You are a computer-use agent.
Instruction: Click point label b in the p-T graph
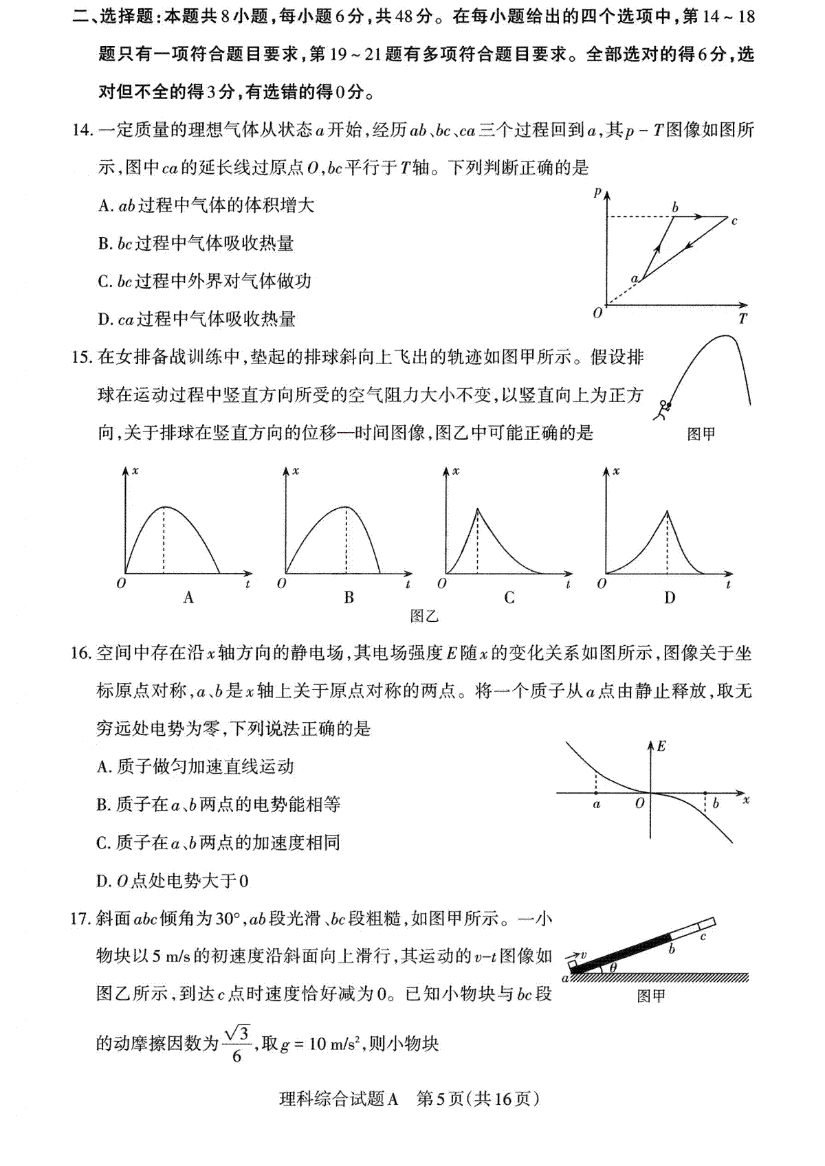pyautogui.click(x=675, y=207)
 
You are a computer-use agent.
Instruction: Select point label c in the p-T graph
pyautogui.click(x=734, y=221)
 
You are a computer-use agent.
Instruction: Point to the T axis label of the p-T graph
pyautogui.click(x=742, y=319)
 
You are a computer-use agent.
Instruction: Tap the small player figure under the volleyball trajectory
pyautogui.click(x=662, y=410)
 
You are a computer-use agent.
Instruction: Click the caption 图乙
pyautogui.click(x=423, y=616)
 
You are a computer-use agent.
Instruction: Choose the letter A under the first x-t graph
pyautogui.click(x=188, y=598)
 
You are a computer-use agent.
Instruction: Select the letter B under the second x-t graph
pyautogui.click(x=349, y=598)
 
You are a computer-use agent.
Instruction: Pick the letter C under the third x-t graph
pyautogui.click(x=509, y=598)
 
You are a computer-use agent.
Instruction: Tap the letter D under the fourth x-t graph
pyautogui.click(x=669, y=598)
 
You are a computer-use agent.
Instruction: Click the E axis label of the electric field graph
pyautogui.click(x=661, y=746)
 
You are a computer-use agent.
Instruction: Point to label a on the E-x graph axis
pyautogui.click(x=596, y=804)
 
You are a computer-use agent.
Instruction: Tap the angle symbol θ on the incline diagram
pyautogui.click(x=613, y=967)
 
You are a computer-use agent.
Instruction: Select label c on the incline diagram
pyautogui.click(x=703, y=936)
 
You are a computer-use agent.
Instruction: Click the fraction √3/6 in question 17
pyautogui.click(x=236, y=1044)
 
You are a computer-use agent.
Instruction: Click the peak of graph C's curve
pyautogui.click(x=478, y=508)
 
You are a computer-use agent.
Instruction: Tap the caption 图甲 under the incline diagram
pyautogui.click(x=650, y=996)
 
